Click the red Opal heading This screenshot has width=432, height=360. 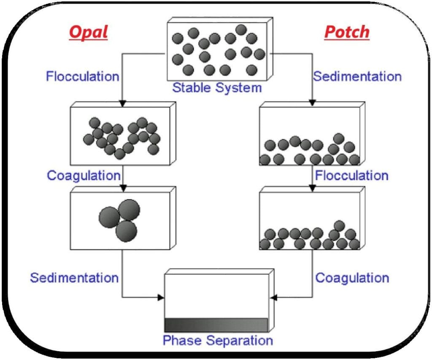(88, 32)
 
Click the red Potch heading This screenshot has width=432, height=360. (347, 32)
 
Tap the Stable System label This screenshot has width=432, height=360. (217, 88)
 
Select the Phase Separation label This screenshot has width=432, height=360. (218, 340)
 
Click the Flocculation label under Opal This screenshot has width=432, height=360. (83, 77)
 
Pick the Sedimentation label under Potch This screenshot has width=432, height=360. (357, 77)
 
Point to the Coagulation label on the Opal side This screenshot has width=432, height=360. (84, 175)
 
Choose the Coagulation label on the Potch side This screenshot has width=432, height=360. (352, 278)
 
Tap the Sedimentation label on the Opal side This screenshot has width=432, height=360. (74, 278)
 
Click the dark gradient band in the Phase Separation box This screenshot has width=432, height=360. (216, 325)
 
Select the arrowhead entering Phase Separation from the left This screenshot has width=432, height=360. (161, 298)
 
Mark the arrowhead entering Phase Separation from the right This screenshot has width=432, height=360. (273, 298)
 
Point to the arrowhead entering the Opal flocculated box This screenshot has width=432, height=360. (122, 103)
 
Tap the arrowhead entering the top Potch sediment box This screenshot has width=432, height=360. (313, 103)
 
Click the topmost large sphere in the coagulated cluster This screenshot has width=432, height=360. (129, 209)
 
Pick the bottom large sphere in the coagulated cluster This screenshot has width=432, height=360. (126, 231)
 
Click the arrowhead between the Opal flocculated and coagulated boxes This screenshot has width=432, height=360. (122, 188)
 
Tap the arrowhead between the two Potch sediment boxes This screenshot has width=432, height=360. (313, 188)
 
